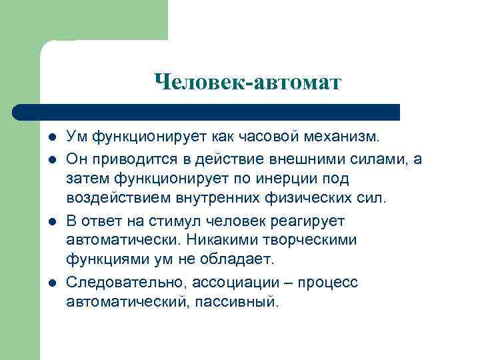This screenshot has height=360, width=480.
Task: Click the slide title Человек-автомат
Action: (x=247, y=82)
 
